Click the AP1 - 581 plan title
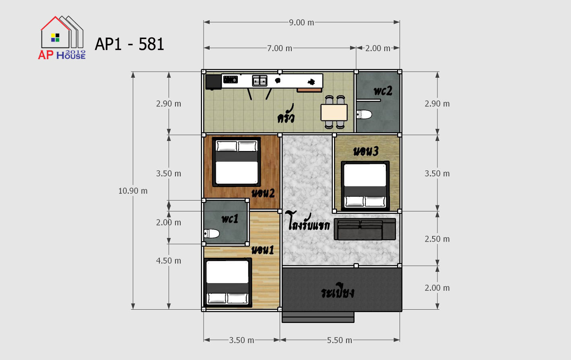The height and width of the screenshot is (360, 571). pyautogui.click(x=129, y=44)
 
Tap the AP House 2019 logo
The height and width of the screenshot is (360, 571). pyautogui.click(x=62, y=38)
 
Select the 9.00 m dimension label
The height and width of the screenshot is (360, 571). pyautogui.click(x=301, y=23)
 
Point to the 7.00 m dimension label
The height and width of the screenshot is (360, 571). pyautogui.click(x=279, y=48)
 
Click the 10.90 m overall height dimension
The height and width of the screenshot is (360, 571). pyautogui.click(x=133, y=191)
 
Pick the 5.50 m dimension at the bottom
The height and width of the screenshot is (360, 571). pyautogui.click(x=340, y=340)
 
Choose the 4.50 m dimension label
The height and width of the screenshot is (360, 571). pyautogui.click(x=169, y=261)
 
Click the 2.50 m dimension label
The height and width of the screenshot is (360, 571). pyautogui.click(x=437, y=239)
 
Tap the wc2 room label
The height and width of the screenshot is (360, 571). pyautogui.click(x=383, y=91)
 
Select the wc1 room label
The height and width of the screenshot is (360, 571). pyautogui.click(x=230, y=219)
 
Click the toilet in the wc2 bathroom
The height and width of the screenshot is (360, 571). pyautogui.click(x=364, y=114)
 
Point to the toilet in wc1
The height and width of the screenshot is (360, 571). pyautogui.click(x=212, y=234)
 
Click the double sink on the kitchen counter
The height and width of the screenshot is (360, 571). pyautogui.click(x=260, y=81)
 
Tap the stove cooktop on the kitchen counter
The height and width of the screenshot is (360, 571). pyautogui.click(x=231, y=79)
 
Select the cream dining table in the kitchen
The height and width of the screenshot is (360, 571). pyautogui.click(x=334, y=112)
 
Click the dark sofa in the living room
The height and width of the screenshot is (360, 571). pyautogui.click(x=365, y=229)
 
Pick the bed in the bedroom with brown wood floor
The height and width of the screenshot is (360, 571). pyautogui.click(x=237, y=162)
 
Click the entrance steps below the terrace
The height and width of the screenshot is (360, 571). pyautogui.click(x=318, y=317)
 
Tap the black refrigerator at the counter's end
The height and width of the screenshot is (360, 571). pyautogui.click(x=213, y=82)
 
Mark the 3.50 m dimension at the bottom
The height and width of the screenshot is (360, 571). pyautogui.click(x=241, y=340)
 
